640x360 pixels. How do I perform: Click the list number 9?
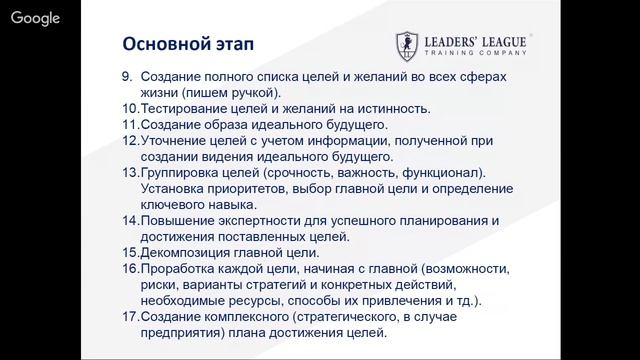(127, 77)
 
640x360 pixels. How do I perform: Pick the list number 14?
(129, 221)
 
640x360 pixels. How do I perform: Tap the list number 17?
(129, 317)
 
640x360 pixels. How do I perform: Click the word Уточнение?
(173, 141)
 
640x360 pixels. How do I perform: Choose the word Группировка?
(181, 173)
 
